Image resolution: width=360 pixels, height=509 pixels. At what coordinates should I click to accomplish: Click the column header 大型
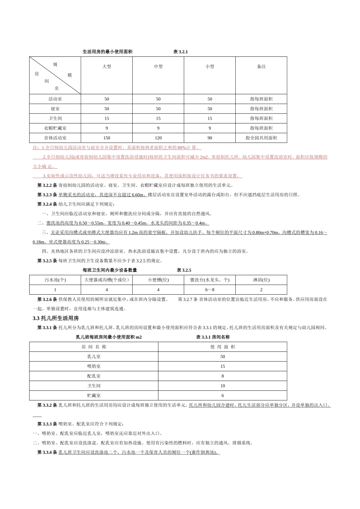coord(107,67)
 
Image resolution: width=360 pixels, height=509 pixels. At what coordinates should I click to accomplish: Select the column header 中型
coord(158,67)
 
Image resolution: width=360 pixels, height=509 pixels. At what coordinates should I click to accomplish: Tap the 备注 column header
coord(261,67)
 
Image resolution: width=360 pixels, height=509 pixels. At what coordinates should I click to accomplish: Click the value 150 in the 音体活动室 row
coord(107,138)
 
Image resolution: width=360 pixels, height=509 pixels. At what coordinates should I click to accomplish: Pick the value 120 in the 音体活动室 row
coord(158,138)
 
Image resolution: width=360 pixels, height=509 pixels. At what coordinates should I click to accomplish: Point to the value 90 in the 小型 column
coord(210,138)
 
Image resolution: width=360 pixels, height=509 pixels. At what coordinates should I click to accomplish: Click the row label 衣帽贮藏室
coord(55,128)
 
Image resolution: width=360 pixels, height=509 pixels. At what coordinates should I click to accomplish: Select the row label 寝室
coord(55,109)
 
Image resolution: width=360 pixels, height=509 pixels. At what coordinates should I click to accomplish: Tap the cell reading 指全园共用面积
coord(261,138)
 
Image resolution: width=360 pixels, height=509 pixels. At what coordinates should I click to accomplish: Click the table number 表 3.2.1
coord(180,52)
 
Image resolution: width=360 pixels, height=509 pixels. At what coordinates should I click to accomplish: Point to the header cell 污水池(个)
coord(55,280)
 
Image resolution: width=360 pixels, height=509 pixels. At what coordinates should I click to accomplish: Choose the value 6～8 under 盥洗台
coord(210,290)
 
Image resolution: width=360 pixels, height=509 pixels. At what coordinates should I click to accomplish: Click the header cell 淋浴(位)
coord(261,280)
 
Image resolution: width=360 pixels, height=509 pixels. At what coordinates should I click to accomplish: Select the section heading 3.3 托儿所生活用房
coord(56,319)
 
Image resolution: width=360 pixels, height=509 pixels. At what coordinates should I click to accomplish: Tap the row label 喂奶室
coord(94,367)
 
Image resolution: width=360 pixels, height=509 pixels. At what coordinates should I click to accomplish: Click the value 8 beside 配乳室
coord(223,376)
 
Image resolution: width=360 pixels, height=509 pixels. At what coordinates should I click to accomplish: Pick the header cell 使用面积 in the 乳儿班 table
coord(223,347)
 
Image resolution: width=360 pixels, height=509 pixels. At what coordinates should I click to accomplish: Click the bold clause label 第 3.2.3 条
coord(47,195)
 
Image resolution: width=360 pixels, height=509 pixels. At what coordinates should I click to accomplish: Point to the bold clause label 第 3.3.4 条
coord(47,453)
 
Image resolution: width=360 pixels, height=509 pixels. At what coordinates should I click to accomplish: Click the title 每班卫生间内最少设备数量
coord(110,270)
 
